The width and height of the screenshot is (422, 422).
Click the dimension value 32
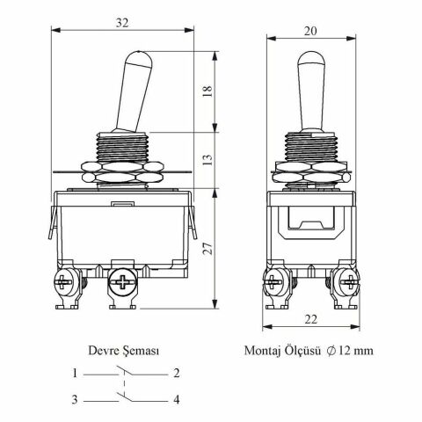122,23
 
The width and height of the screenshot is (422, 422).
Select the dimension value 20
310,31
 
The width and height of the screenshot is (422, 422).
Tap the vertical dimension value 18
207,91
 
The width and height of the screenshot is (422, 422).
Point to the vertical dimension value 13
207,159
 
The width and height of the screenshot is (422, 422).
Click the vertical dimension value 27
207,249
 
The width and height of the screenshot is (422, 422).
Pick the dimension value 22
310,319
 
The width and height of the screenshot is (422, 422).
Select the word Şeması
141,351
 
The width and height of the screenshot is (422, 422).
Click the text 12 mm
356,351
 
